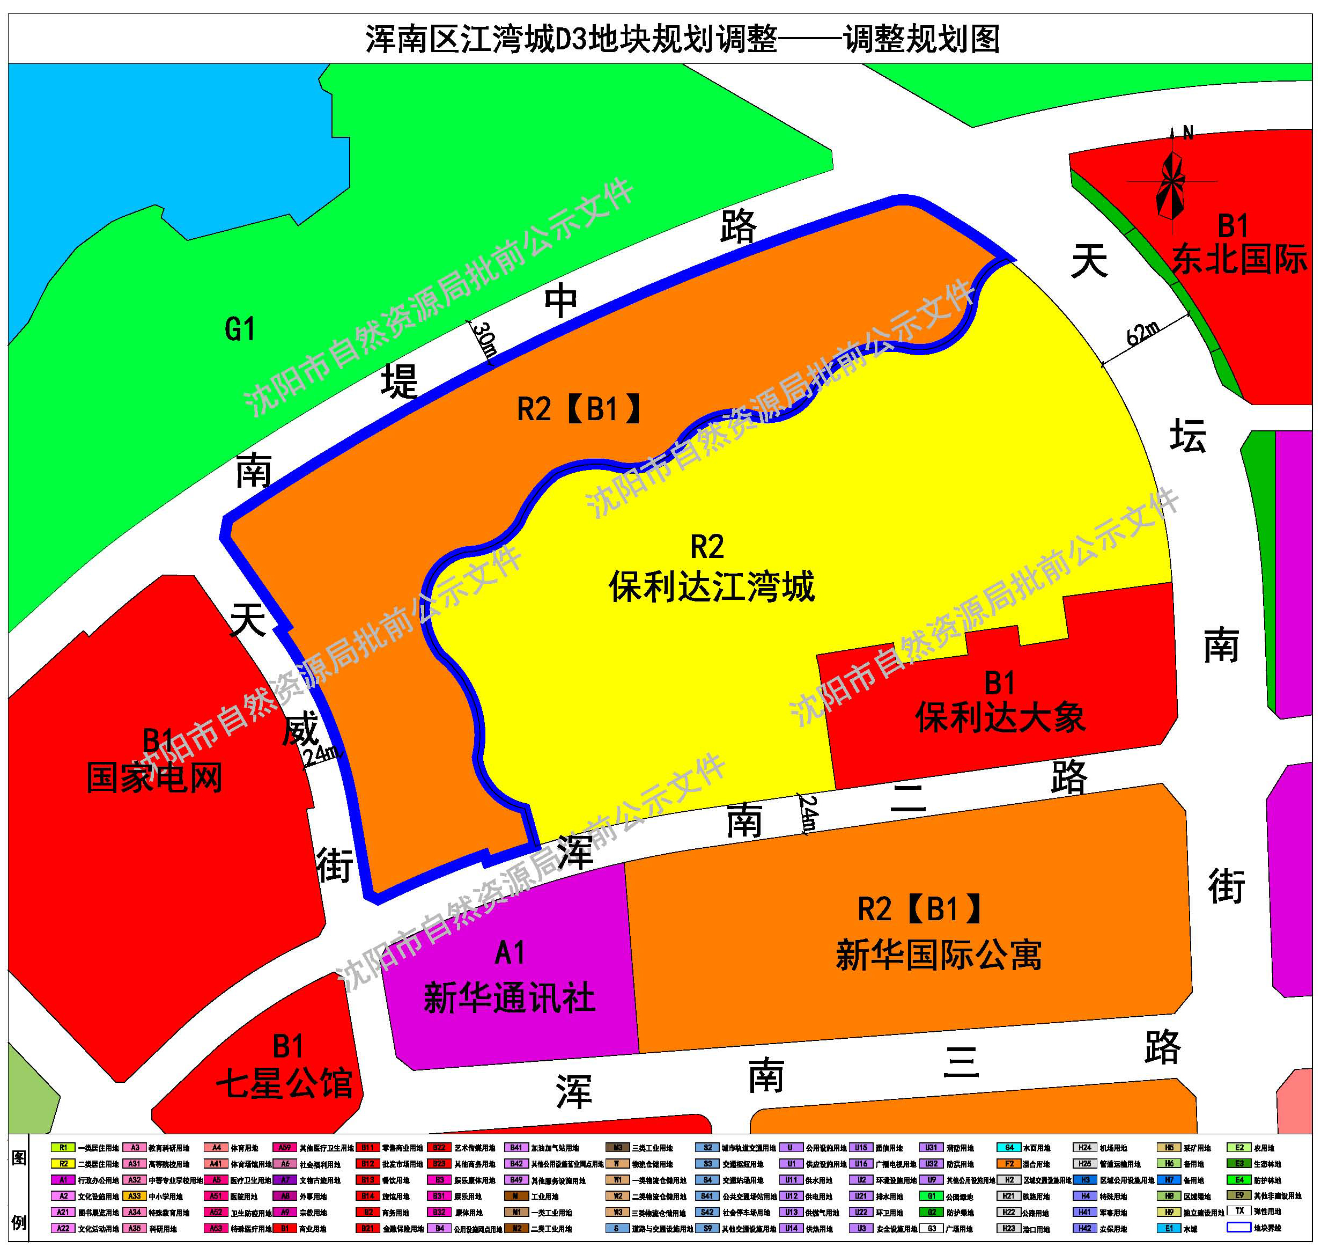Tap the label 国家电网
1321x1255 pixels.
[154, 779]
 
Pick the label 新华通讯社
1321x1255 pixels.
[509, 999]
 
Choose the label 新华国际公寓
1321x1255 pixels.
[939, 955]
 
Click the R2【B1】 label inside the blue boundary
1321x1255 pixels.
[579, 409]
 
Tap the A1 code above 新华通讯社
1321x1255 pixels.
[509, 953]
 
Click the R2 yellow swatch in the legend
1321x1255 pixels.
[63, 1164]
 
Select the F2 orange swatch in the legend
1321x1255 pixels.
[1009, 1164]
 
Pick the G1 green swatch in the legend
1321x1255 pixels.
[931, 1196]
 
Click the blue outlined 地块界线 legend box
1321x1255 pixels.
[1239, 1228]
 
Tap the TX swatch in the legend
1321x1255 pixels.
[1239, 1212]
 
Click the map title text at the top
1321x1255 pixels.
[682, 39]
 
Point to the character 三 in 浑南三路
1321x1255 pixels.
[961, 1062]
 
